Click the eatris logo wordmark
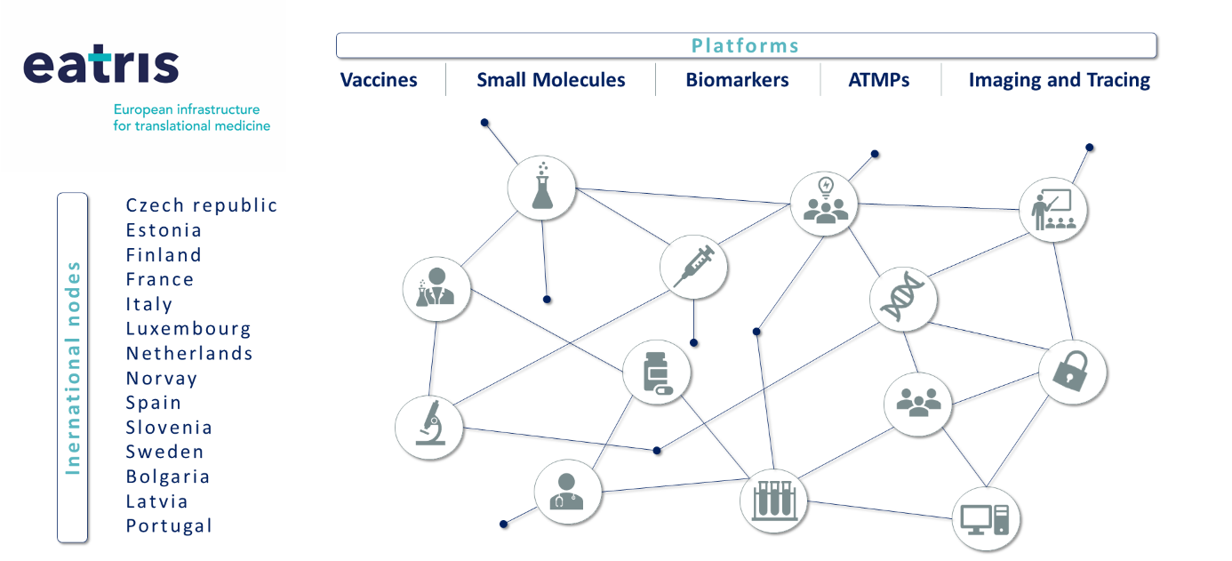coord(100,66)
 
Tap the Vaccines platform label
coord(379,80)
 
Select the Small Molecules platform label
coord(550,80)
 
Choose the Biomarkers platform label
coord(737,80)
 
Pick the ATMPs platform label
coord(879,80)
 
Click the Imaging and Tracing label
coord(1059,80)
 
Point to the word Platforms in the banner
coord(745,45)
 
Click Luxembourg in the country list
coord(188,329)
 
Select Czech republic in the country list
coord(202,205)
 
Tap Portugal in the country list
coord(169,526)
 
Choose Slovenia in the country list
coord(169,428)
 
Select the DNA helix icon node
coord(903,297)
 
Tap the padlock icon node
coord(1072,372)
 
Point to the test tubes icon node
coord(773,500)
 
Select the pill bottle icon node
coord(656,373)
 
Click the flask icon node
coord(541,188)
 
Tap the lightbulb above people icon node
coord(824,202)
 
